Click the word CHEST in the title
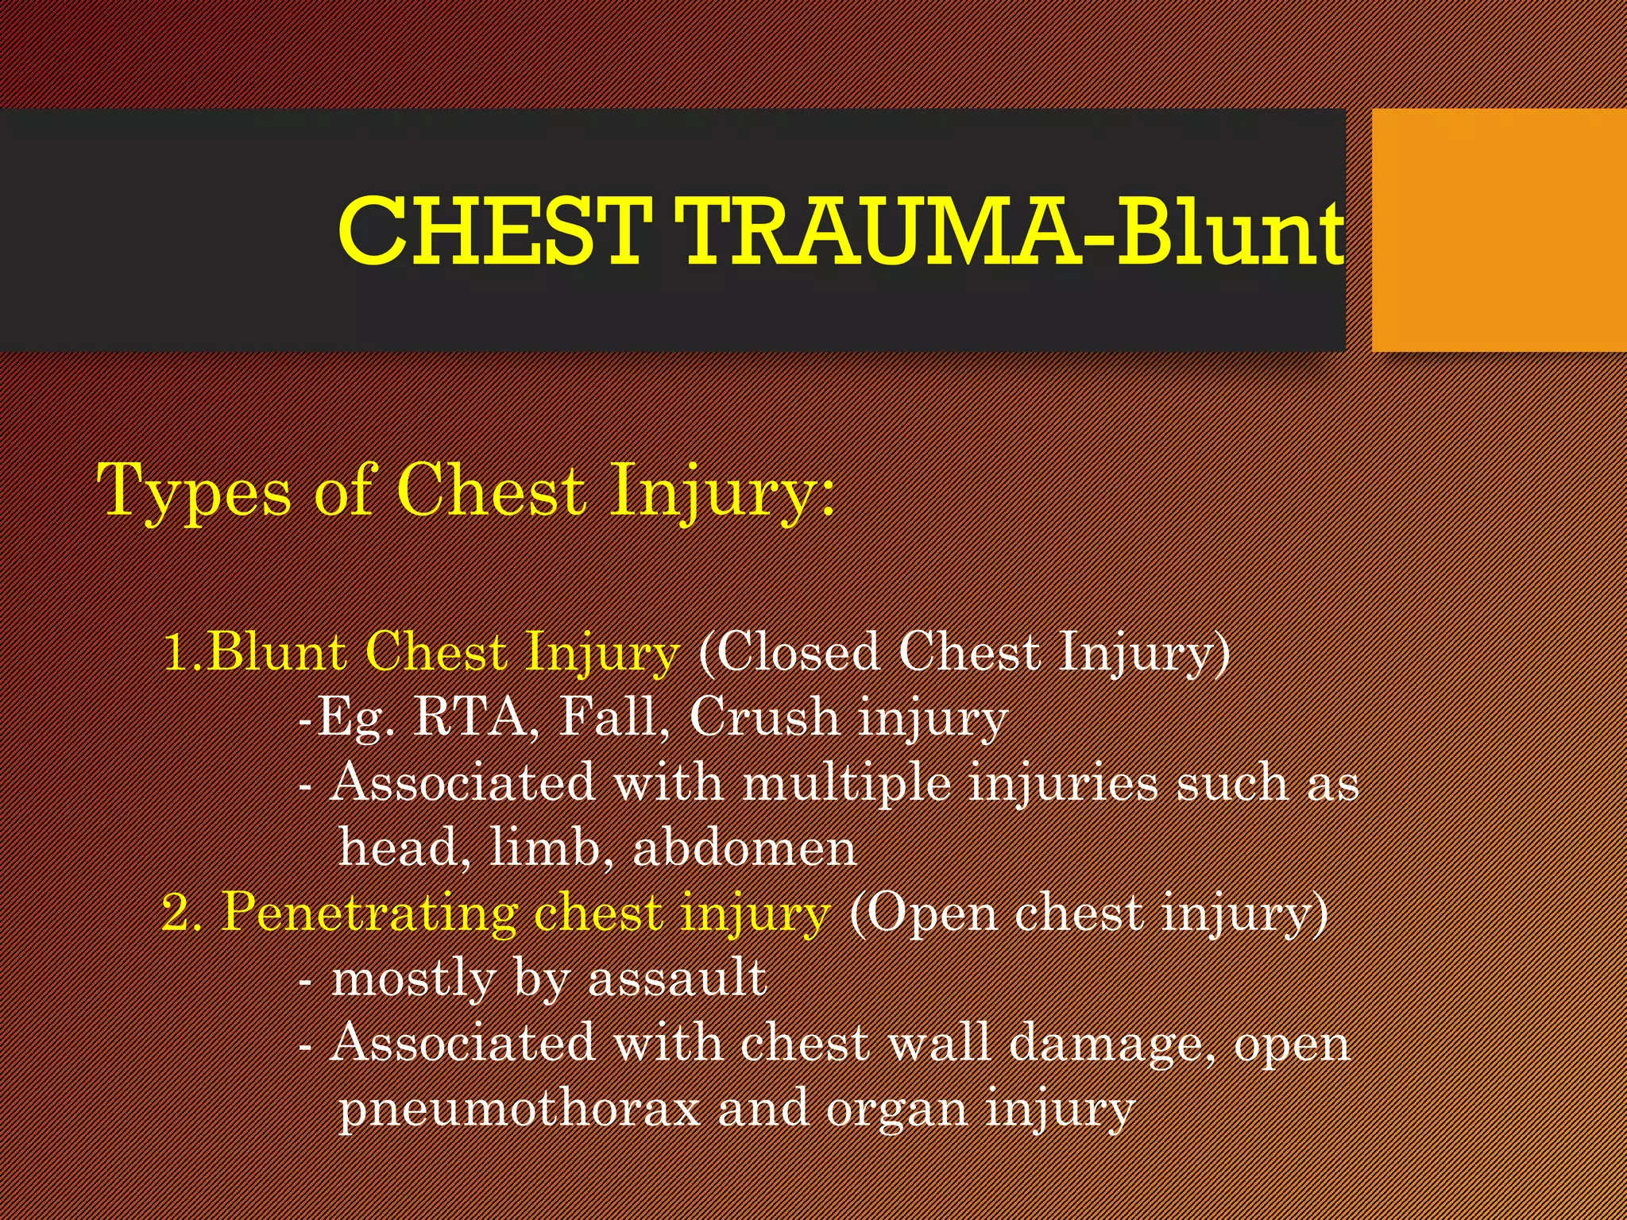click(x=490, y=232)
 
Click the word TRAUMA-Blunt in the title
click(x=1013, y=232)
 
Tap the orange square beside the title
click(x=1499, y=230)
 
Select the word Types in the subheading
click(x=194, y=492)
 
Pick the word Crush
click(x=763, y=717)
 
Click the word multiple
click(x=846, y=783)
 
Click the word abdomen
click(x=744, y=847)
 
